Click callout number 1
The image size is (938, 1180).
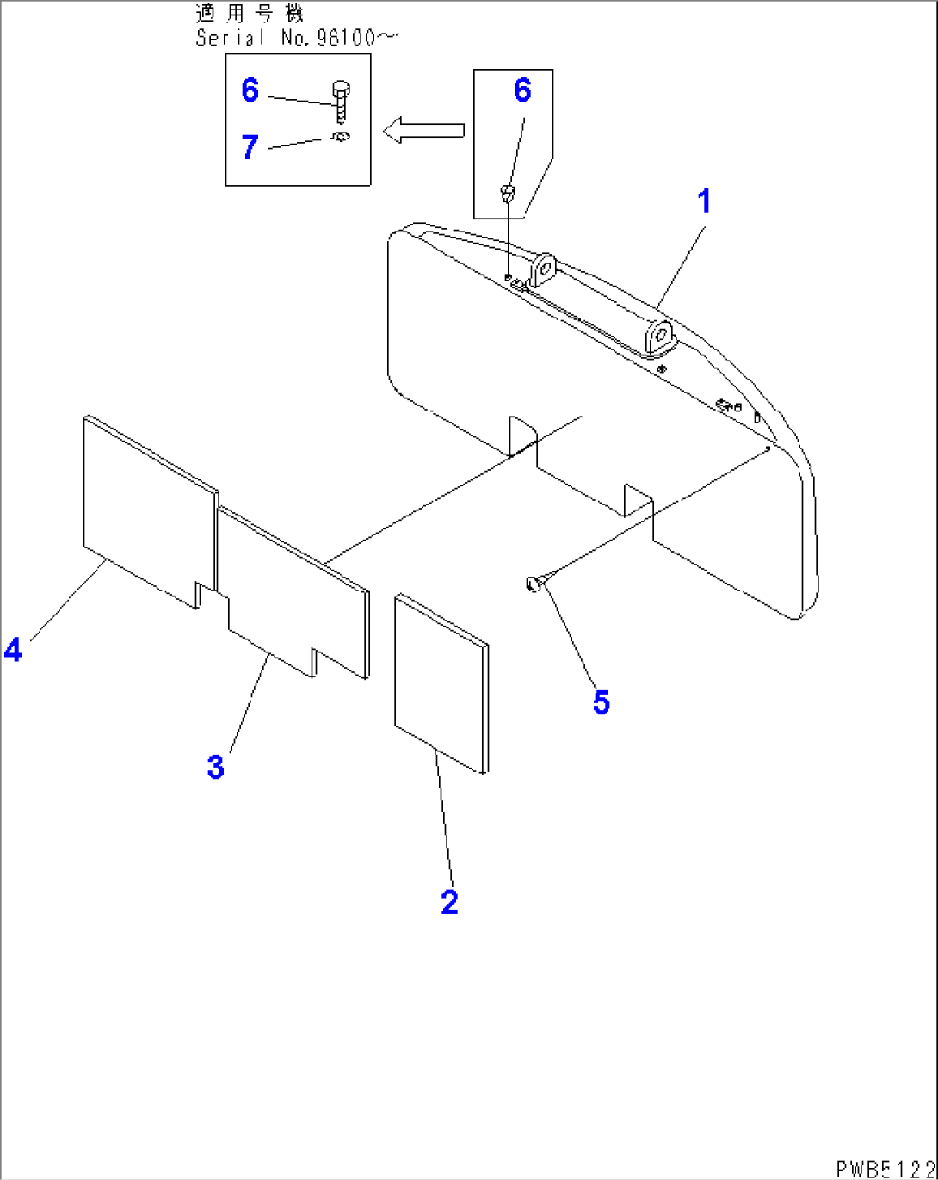pyautogui.click(x=704, y=201)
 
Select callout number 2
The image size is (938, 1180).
pyautogui.click(x=449, y=902)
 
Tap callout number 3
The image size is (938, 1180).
pyautogui.click(x=216, y=765)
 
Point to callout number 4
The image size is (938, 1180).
pyautogui.click(x=13, y=649)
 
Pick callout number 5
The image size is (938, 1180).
pyautogui.click(x=601, y=702)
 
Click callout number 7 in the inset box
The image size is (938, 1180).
pyautogui.click(x=250, y=147)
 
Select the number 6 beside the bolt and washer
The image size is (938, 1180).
pyautogui.click(x=250, y=90)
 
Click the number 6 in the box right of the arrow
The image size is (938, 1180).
pyautogui.click(x=522, y=90)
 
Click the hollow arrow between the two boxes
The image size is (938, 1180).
pyautogui.click(x=423, y=131)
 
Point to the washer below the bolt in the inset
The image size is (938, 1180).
pyautogui.click(x=341, y=136)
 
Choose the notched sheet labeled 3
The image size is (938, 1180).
pyautogui.click(x=293, y=594)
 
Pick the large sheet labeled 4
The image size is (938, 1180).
pyautogui.click(x=146, y=508)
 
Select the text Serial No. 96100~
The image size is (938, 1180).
pyautogui.click(x=297, y=38)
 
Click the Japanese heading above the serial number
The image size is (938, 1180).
pyautogui.click(x=250, y=14)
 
